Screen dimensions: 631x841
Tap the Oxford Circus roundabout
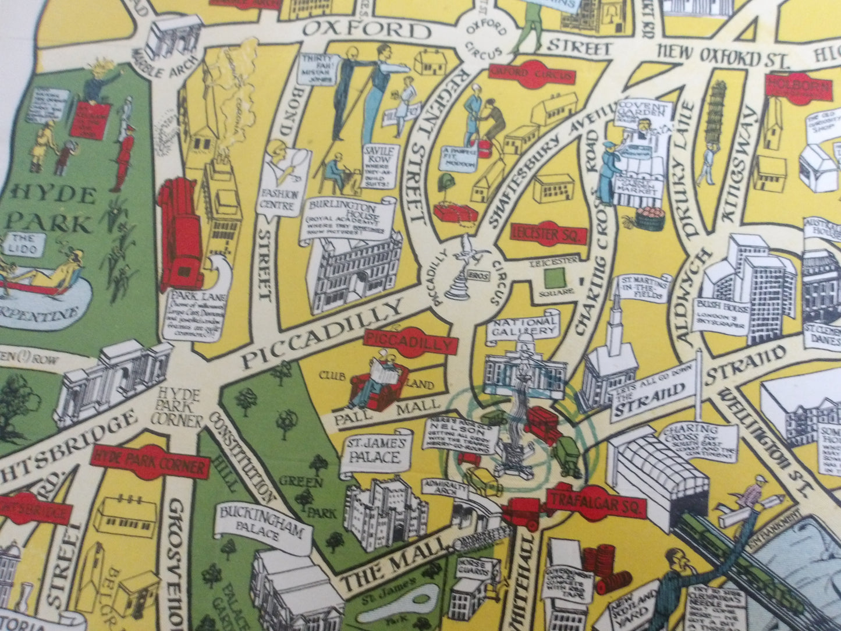(482, 34)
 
